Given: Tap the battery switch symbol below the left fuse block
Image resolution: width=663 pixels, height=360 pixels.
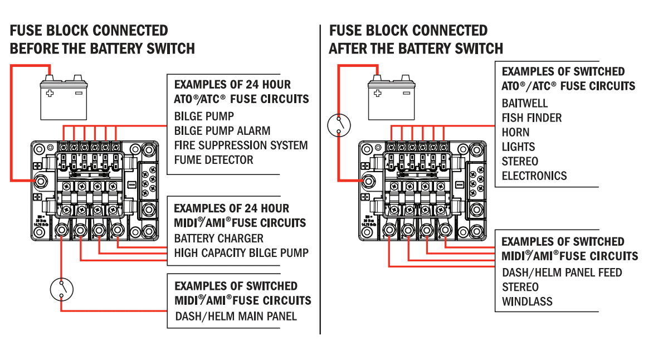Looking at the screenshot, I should [x=61, y=288].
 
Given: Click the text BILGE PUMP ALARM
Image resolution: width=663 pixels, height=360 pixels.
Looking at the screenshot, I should [x=222, y=131].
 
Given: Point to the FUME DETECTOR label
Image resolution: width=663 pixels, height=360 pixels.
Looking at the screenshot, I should [x=213, y=160].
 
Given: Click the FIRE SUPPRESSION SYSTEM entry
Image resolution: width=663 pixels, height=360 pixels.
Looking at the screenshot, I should [x=241, y=145].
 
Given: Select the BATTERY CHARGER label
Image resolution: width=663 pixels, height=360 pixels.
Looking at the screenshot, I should [x=218, y=239].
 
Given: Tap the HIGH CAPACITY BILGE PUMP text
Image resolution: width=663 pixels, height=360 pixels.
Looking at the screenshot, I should [x=241, y=253].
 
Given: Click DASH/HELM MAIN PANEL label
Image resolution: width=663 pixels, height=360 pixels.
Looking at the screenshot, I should [x=236, y=317].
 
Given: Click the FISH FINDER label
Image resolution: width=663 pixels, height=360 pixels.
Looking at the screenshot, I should [x=532, y=118].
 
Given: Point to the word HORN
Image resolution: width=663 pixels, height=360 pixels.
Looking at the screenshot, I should [x=515, y=133].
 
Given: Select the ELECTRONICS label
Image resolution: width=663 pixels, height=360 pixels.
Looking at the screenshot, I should [x=534, y=176].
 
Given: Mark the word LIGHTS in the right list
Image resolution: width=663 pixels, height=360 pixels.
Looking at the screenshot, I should [x=518, y=147].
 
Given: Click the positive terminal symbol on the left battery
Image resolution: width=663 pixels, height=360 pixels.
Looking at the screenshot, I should [x=50, y=93].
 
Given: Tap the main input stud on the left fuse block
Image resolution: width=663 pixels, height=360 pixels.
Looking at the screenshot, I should [x=41, y=181].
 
